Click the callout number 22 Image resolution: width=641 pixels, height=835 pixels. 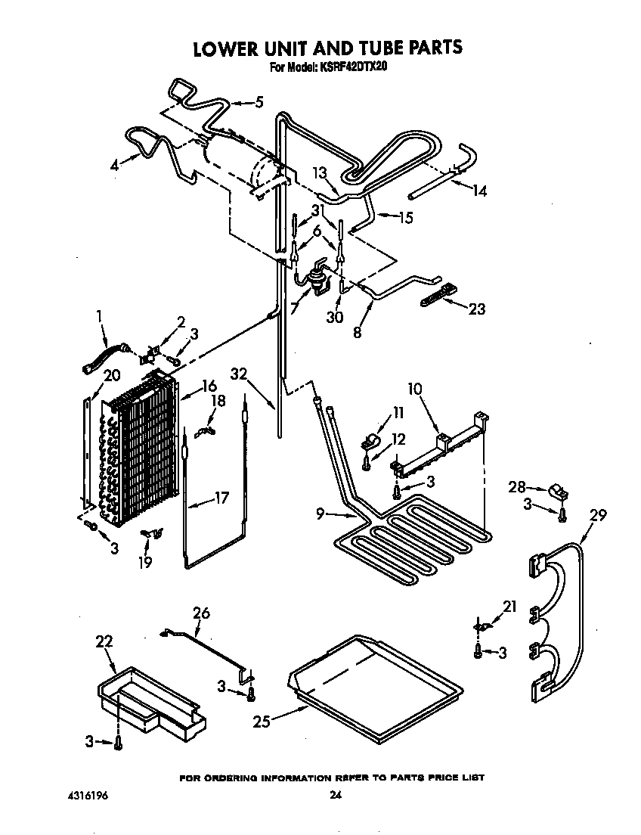[x=104, y=641]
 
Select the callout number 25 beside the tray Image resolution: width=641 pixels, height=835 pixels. [x=262, y=722]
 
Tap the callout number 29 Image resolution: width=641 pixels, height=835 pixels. [x=598, y=515]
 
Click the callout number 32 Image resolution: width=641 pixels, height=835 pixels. [x=240, y=374]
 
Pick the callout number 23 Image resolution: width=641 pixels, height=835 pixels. [x=477, y=309]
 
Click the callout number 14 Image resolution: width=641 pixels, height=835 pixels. [x=479, y=191]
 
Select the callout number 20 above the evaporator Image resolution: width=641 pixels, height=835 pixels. [x=111, y=375]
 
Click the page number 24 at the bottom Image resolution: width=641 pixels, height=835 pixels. [x=336, y=795]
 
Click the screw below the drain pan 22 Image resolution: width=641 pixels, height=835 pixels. [x=117, y=745]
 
